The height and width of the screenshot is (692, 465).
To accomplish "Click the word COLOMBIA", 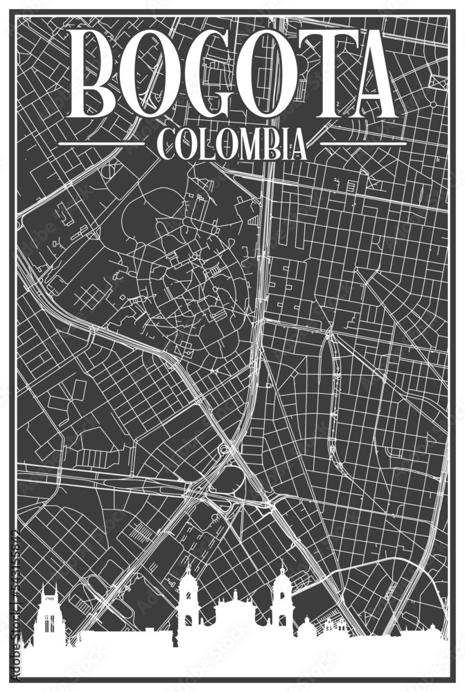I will coord(232,145).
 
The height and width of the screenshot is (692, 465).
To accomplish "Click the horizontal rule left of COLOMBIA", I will coord(102,145).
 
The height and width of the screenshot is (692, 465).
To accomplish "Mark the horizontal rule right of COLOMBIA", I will coord(362,145).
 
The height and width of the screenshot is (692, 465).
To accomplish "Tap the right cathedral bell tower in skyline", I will coord(281,599).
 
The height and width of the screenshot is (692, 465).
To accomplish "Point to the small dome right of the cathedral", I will coord(306,626).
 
